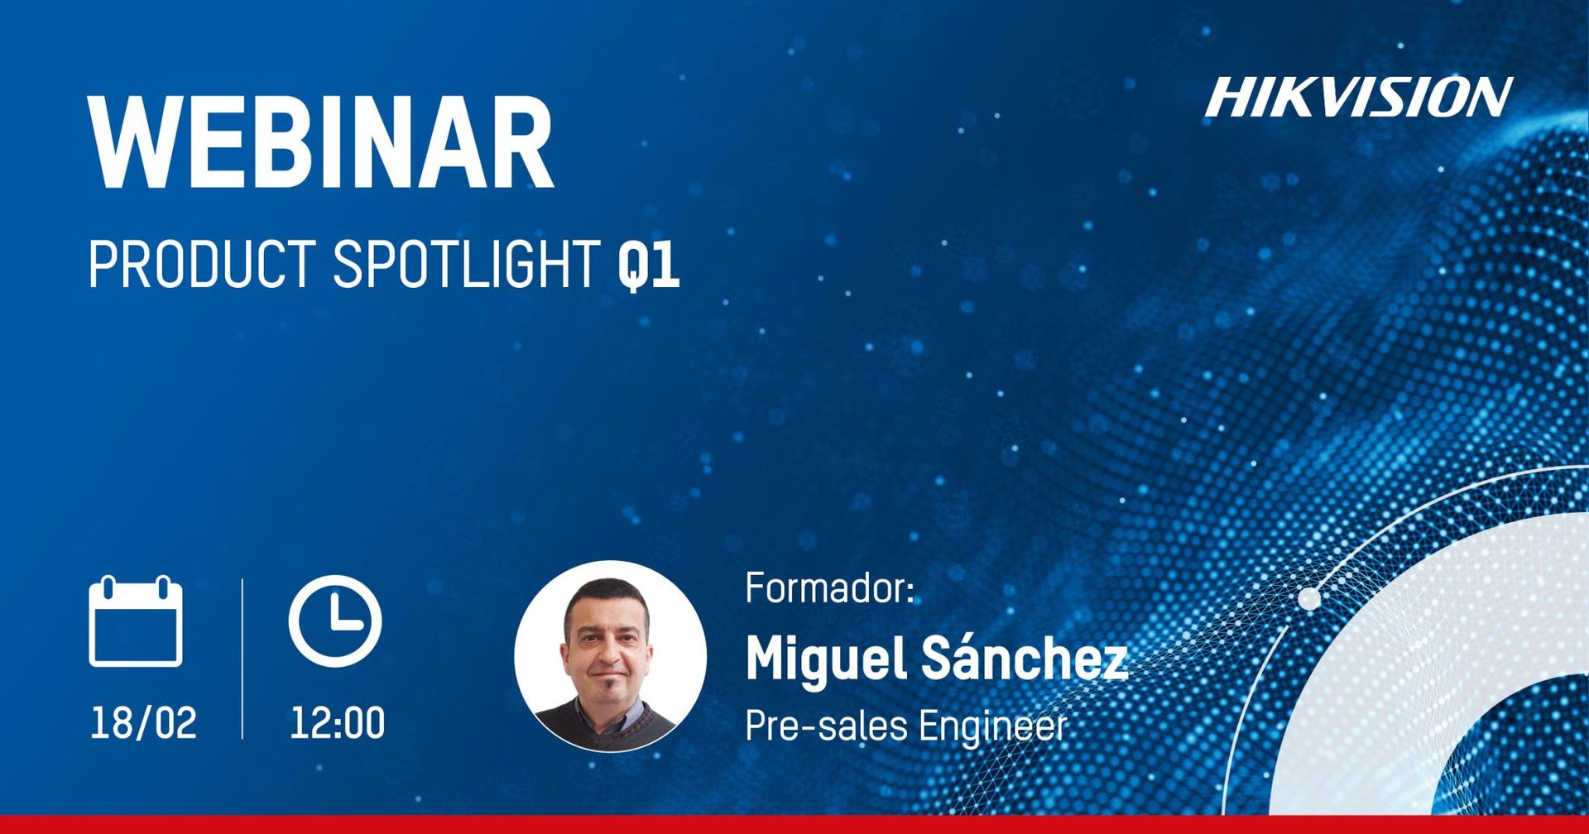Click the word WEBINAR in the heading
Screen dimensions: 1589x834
(321, 142)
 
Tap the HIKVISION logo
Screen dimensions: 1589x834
(1358, 97)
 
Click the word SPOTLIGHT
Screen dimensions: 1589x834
(466, 264)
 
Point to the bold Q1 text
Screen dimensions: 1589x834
(649, 266)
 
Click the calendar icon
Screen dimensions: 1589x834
(136, 621)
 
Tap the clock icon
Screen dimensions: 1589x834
(335, 621)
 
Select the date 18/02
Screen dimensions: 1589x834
(143, 722)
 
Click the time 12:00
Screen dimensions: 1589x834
(337, 722)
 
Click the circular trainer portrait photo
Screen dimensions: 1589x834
(610, 656)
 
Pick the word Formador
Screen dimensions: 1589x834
(829, 587)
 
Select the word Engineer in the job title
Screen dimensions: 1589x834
(992, 727)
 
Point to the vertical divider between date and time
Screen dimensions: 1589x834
(242, 659)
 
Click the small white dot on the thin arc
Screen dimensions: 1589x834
(1309, 597)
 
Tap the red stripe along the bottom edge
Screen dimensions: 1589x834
(794, 824)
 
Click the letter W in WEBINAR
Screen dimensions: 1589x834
(136, 142)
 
